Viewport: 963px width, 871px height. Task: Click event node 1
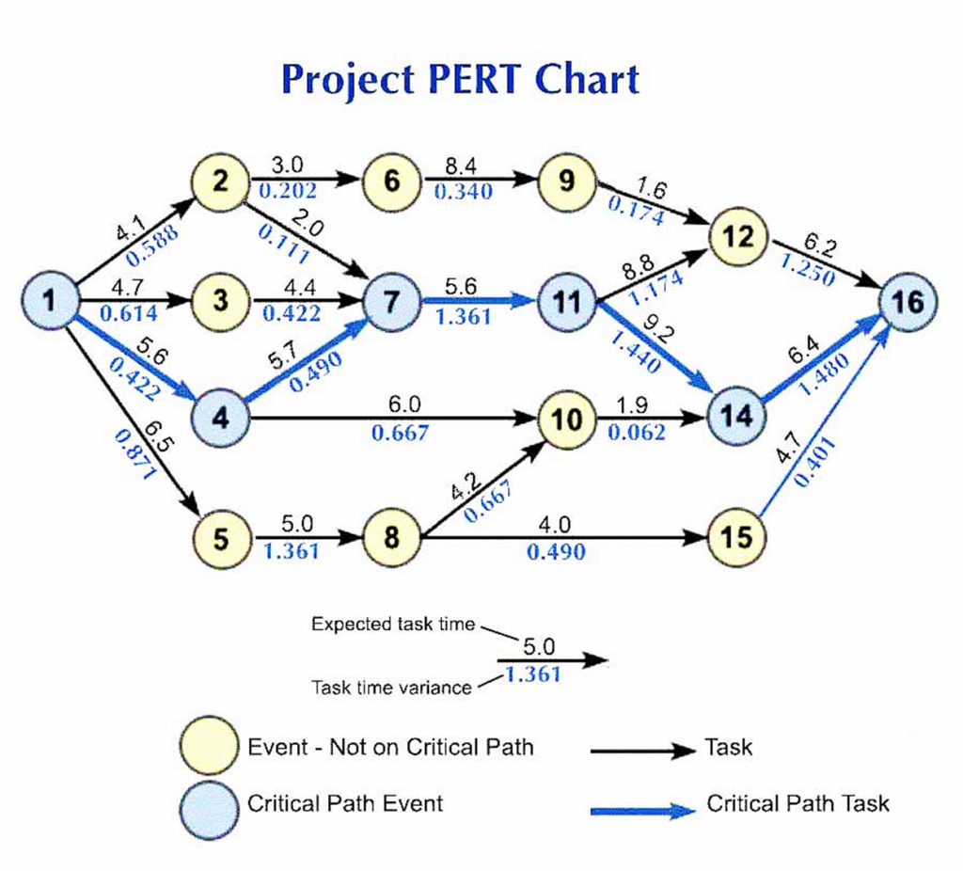49,300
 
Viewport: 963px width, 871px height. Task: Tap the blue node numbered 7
394,301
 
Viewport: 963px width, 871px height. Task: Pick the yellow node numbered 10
566,420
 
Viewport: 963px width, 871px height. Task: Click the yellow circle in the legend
209,746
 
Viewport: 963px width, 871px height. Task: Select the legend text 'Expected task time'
393,625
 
